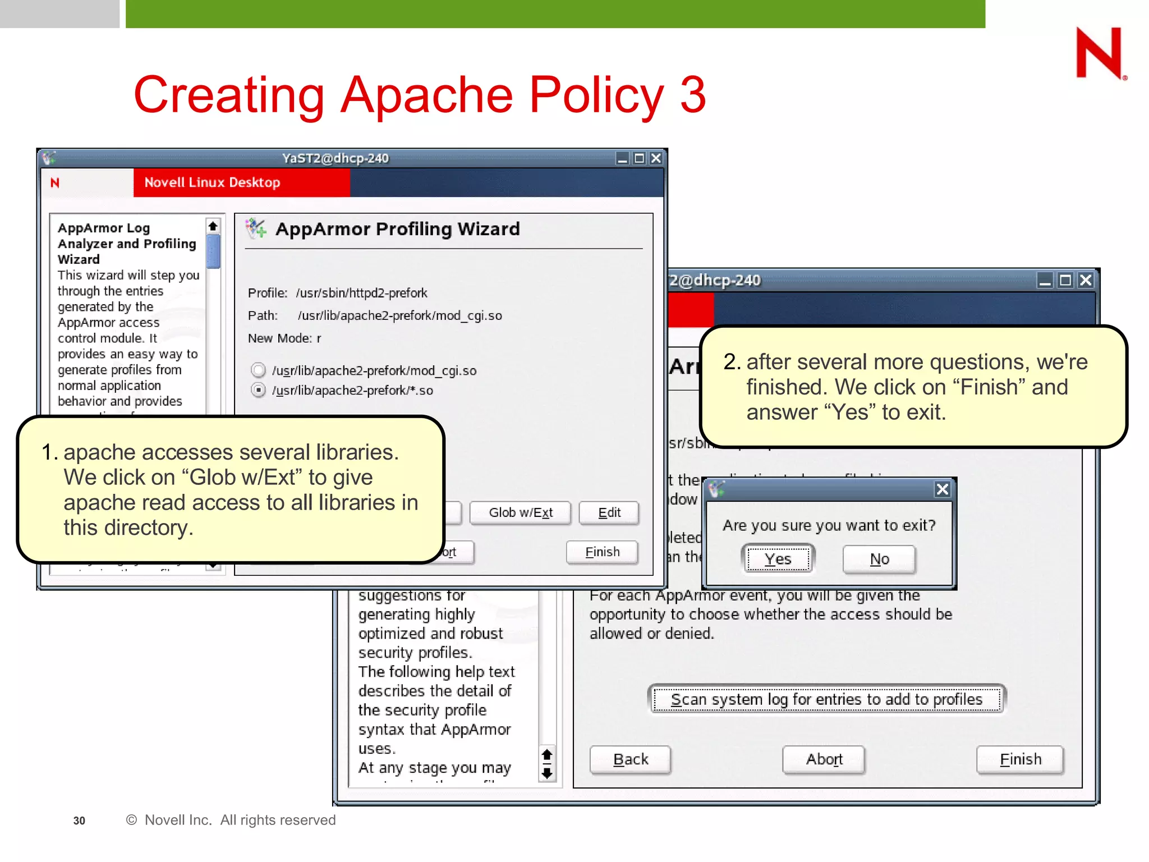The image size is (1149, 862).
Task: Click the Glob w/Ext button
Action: pyautogui.click(x=520, y=513)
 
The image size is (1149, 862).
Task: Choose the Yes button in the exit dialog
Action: pyautogui.click(x=778, y=559)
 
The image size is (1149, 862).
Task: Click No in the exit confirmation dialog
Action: pyautogui.click(x=879, y=559)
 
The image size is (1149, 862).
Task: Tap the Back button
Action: pyautogui.click(x=631, y=760)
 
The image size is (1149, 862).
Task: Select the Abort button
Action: pyautogui.click(x=824, y=760)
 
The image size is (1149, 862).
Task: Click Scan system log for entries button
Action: pyautogui.click(x=827, y=700)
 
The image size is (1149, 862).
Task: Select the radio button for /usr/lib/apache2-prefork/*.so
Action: pyautogui.click(x=258, y=390)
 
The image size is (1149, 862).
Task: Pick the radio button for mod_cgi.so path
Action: pyautogui.click(x=258, y=370)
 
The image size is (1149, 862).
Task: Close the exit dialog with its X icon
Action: pyautogui.click(x=943, y=489)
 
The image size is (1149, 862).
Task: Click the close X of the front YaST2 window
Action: pyautogui.click(x=656, y=159)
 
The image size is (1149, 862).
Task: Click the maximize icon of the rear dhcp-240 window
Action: pyautogui.click(x=1065, y=281)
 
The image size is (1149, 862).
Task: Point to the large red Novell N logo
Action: pyautogui.click(x=1100, y=54)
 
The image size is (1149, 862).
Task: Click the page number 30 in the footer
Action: pyautogui.click(x=79, y=820)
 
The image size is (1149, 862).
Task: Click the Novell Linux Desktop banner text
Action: pyautogui.click(x=212, y=183)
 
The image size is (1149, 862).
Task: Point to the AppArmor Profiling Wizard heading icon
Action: pyautogui.click(x=256, y=228)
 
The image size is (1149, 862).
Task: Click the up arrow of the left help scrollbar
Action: pyautogui.click(x=213, y=226)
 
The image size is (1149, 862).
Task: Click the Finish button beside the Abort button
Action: pyautogui.click(x=1020, y=760)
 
